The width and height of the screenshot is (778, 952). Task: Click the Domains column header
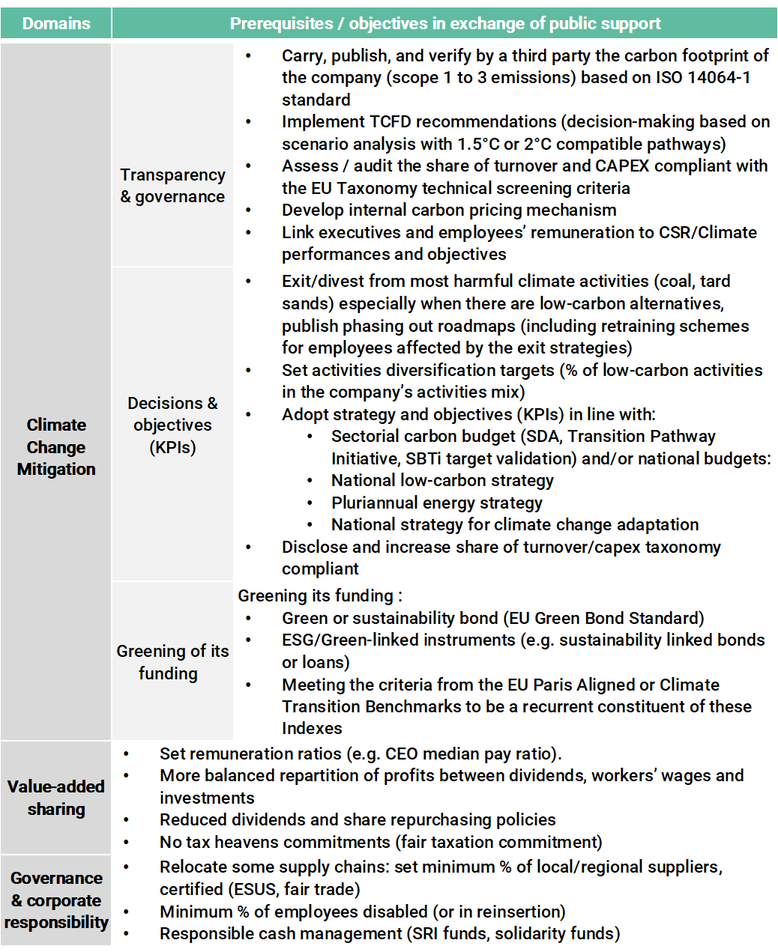tap(56, 23)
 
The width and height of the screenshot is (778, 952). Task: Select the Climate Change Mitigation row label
tap(56, 447)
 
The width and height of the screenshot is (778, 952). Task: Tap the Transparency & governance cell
tap(172, 186)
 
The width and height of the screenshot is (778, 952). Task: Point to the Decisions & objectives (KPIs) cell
tap(172, 425)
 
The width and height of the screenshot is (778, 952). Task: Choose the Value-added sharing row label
tap(56, 798)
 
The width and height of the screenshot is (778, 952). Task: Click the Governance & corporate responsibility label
tap(56, 900)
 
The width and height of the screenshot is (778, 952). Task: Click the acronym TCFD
tap(388, 121)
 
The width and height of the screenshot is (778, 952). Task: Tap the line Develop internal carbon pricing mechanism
tap(449, 210)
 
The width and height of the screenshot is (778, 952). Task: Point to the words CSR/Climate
tap(708, 232)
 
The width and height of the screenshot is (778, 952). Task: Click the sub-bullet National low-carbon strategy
tap(442, 480)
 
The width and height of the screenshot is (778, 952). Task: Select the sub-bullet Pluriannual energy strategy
tap(436, 503)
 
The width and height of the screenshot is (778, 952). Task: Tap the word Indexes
tap(312, 728)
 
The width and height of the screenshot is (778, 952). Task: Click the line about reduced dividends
tap(358, 819)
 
